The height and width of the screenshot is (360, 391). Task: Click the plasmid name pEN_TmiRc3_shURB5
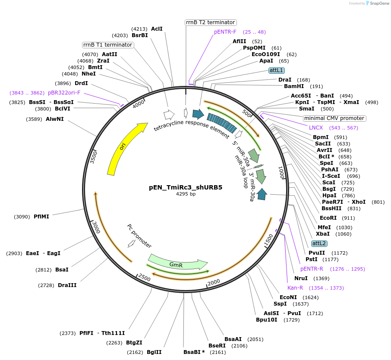(186, 187)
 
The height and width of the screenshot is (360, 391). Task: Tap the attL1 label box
(276, 70)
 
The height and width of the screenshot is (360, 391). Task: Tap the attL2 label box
(319, 243)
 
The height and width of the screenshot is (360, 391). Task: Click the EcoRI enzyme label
(328, 218)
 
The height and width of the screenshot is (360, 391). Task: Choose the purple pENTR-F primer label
(225, 32)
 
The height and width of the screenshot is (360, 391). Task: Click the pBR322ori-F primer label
(64, 93)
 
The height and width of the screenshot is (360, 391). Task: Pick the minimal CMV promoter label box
(334, 118)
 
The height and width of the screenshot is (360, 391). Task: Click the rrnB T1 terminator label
(108, 45)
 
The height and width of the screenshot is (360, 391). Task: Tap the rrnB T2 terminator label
(211, 22)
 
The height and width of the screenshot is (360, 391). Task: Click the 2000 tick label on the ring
(214, 282)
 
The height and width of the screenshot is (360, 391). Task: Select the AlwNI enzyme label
(54, 119)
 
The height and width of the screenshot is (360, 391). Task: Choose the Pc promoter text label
(139, 236)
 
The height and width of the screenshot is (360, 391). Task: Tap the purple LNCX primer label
(316, 128)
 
